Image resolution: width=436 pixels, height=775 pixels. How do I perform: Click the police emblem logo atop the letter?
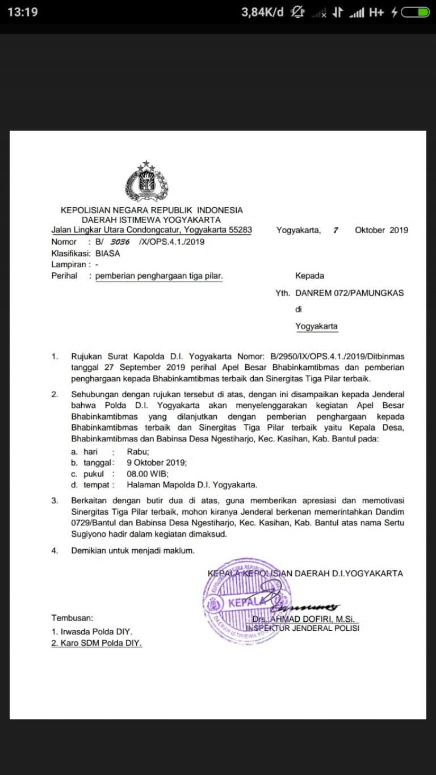tap(146, 182)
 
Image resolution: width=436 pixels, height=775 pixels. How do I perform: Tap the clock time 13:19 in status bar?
tap(23, 12)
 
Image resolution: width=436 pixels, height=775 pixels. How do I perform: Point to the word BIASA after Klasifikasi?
tap(108, 253)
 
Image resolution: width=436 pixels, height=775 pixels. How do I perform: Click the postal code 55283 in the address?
tap(240, 230)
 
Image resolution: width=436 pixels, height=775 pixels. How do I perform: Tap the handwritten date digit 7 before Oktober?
tap(336, 230)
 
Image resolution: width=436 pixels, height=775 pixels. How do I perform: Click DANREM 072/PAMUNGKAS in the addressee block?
tap(349, 293)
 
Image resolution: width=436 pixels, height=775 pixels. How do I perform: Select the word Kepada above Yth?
tap(309, 276)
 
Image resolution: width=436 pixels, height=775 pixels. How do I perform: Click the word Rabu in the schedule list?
tap(138, 452)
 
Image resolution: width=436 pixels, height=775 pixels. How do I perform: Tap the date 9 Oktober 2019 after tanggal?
tap(157, 462)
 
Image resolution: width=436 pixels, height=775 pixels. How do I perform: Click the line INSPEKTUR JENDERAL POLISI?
tap(303, 628)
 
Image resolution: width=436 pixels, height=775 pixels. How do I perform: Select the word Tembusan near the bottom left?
tap(72, 618)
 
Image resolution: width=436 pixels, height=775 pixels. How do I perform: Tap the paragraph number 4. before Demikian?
tap(55, 550)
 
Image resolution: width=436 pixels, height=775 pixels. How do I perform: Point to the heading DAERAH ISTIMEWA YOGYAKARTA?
tap(151, 220)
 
